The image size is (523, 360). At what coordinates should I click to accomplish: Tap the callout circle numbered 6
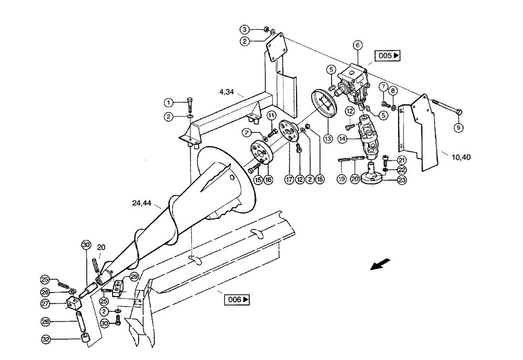coord(357,46)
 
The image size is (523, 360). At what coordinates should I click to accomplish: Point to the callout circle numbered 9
coord(458,127)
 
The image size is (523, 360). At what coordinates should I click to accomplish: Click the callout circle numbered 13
coord(328,139)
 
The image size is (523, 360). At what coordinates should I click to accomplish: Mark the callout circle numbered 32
coord(46,339)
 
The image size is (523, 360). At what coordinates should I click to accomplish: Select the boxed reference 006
coord(237,300)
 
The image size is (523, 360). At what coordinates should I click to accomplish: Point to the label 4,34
coord(226,92)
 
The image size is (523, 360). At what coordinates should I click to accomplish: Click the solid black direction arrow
coord(380,264)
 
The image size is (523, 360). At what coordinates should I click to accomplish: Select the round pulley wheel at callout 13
coord(324,105)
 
